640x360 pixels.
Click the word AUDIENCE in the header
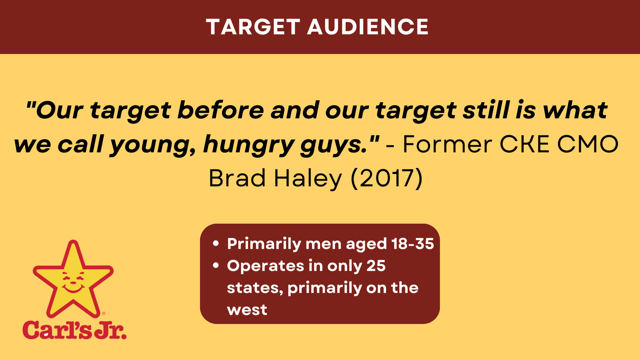(x=368, y=27)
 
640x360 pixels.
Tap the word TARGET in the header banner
(x=253, y=27)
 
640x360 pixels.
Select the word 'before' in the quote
(x=220, y=110)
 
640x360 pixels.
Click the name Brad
(x=238, y=178)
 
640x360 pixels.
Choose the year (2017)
(x=386, y=178)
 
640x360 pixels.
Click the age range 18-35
(x=412, y=244)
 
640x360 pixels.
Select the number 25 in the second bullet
(x=376, y=266)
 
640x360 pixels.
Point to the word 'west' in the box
(x=247, y=310)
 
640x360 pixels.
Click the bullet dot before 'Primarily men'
(x=216, y=244)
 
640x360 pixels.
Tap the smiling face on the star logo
(x=74, y=282)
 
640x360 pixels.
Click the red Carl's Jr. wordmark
(x=74, y=330)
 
